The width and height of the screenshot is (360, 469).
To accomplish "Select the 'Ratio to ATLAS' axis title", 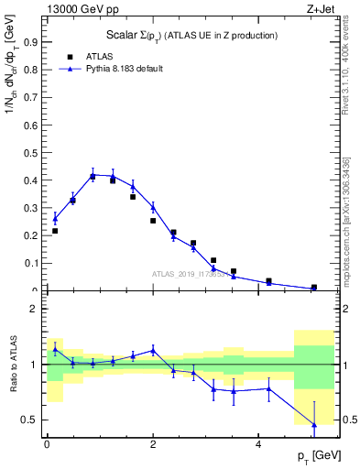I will click(x=12, y=365).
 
